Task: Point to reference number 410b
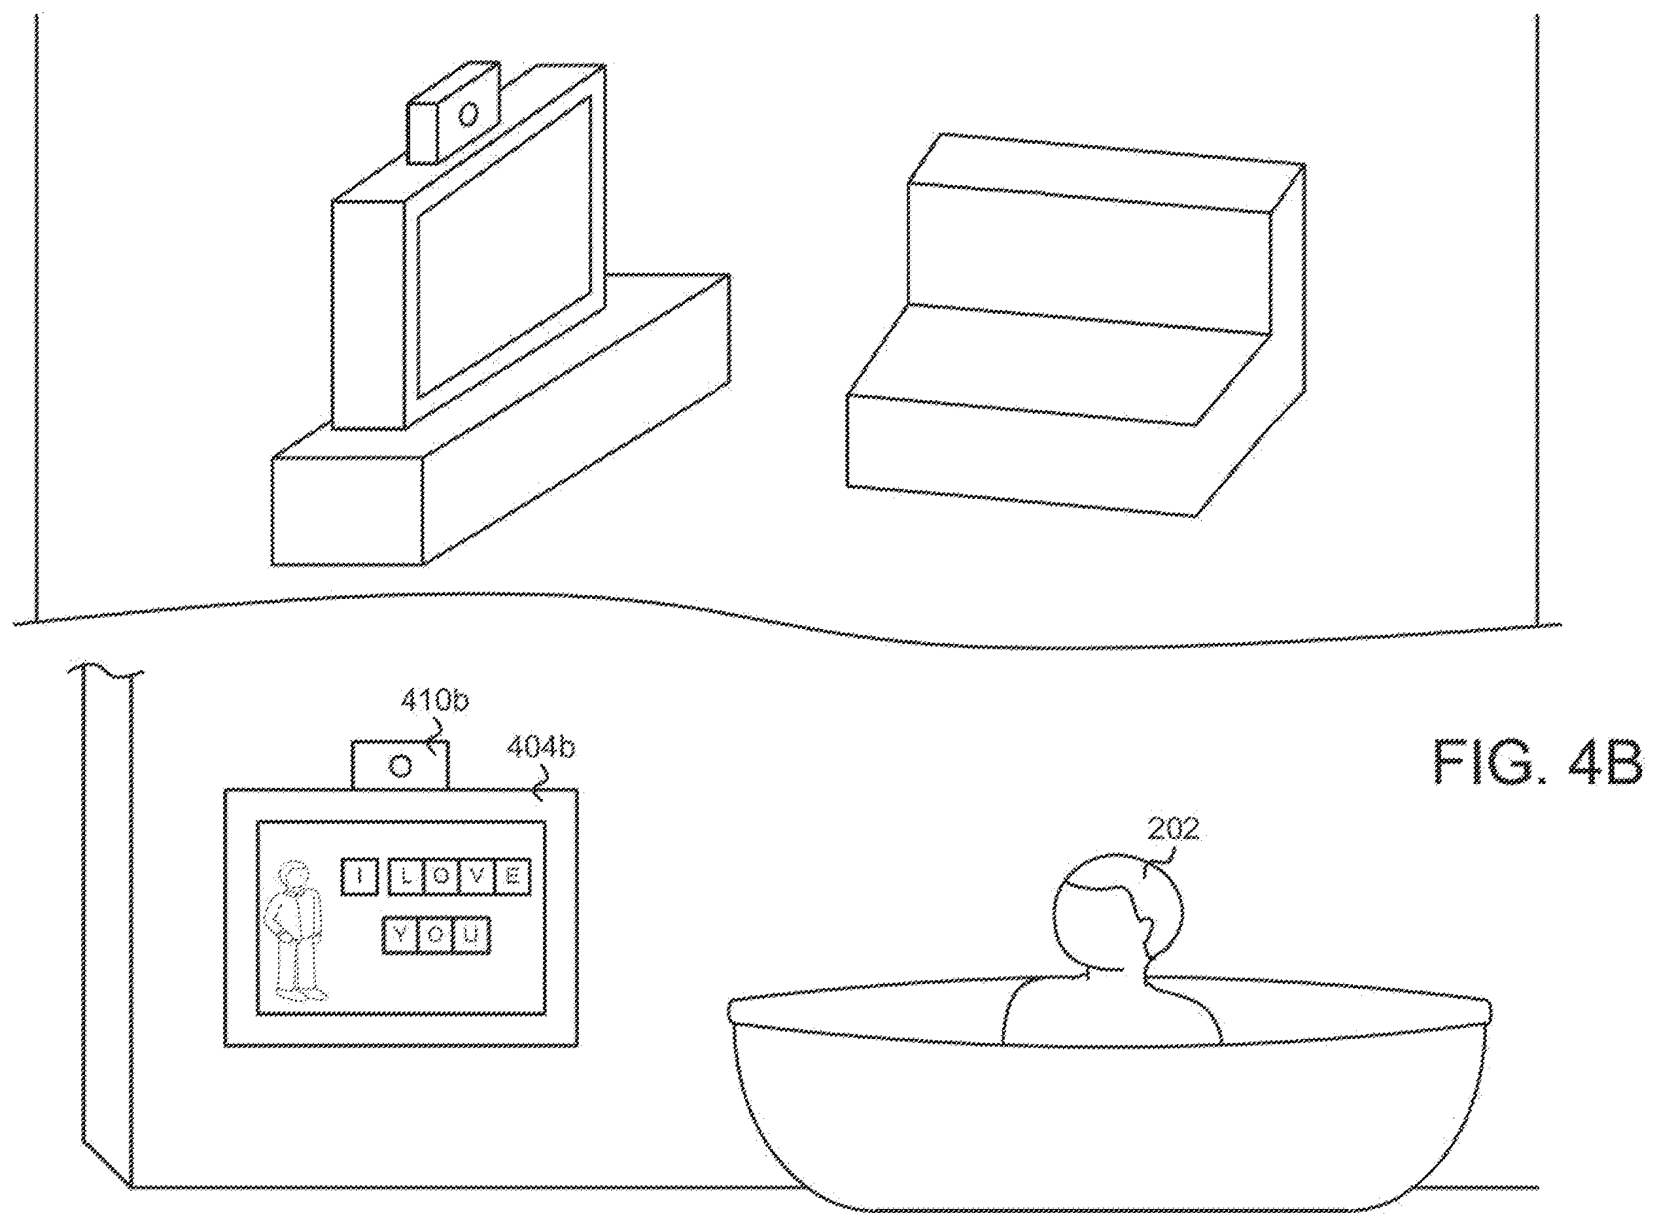click(435, 700)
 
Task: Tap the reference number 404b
click(540, 748)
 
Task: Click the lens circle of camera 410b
click(401, 765)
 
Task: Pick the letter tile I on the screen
click(360, 876)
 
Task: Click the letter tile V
click(478, 876)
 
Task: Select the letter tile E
click(513, 876)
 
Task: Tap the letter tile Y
click(400, 936)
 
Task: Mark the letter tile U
click(472, 936)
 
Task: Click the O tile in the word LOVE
click(442, 876)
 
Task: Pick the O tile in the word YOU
click(436, 936)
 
